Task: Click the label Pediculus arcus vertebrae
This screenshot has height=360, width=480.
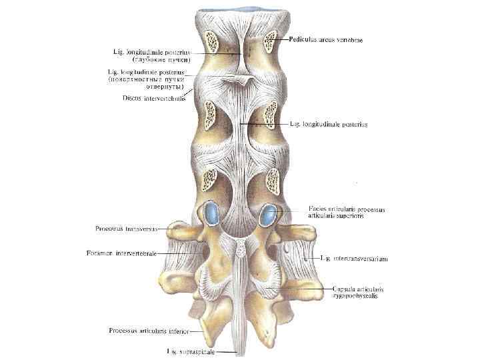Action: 326,39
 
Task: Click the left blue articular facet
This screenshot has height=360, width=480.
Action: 212,213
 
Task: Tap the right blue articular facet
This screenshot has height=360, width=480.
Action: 269,215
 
